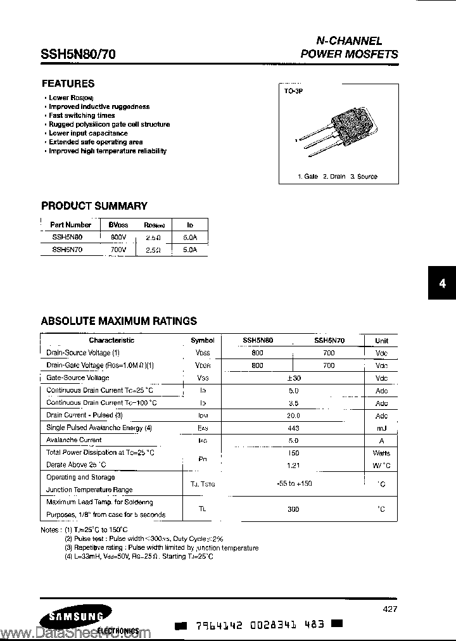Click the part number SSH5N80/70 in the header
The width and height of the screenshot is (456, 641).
pos(78,54)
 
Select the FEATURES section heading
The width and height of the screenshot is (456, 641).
pos(68,84)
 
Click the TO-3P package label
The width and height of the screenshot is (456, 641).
pos(294,92)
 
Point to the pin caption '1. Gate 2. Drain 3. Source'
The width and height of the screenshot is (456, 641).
pos(338,177)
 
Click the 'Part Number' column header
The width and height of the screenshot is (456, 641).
pos(70,225)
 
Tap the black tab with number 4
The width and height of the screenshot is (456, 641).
pos(442,284)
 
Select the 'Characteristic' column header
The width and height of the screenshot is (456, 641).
pos(111,340)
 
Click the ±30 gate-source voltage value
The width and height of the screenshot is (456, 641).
pos(293,378)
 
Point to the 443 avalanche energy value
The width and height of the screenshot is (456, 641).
pos(293,428)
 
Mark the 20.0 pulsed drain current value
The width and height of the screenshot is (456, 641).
pos(293,416)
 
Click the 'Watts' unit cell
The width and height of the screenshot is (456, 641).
pos(381,454)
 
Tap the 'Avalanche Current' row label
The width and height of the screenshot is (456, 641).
pos(74,440)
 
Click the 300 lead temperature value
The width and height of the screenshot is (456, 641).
pos(293,509)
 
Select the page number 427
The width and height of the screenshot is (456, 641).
pos(390,609)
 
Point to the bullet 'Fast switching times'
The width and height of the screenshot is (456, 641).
pos(82,116)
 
